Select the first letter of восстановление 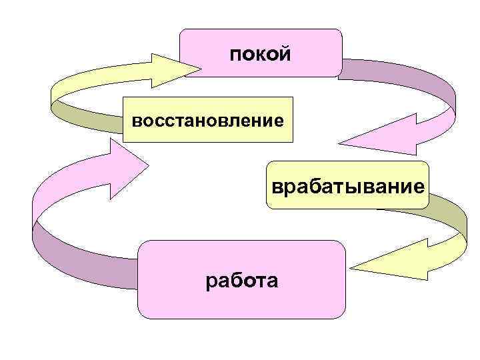click(136, 121)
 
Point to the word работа click(242, 281)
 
